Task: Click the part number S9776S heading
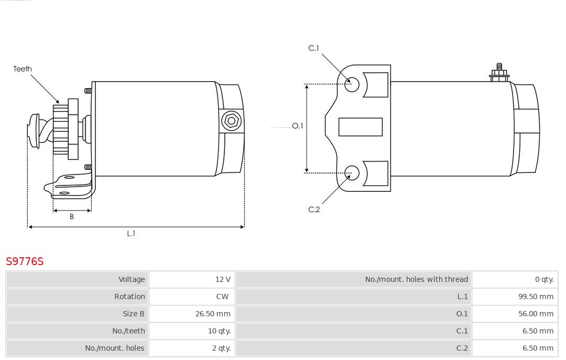25,261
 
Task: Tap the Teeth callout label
23,69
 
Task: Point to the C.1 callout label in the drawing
314,48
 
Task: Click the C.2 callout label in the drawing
314,210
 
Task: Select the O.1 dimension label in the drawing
298,126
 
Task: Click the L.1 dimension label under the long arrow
131,234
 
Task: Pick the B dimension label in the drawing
72,216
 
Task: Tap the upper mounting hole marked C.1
352,84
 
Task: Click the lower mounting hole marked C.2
352,173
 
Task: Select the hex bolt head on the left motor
231,121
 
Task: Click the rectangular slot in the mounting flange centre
360,127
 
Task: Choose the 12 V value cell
192,279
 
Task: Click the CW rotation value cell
192,297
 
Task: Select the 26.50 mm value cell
192,314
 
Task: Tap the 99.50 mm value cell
515,297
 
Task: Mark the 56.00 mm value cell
515,314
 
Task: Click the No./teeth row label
128,331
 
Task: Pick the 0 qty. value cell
515,279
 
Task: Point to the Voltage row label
132,279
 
